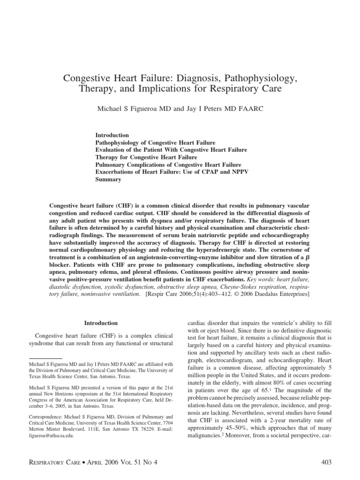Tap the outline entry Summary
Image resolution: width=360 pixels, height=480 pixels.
(x=108, y=180)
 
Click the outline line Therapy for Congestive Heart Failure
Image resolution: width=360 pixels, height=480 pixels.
(x=146, y=157)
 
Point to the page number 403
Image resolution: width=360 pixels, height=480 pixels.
(x=324, y=462)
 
